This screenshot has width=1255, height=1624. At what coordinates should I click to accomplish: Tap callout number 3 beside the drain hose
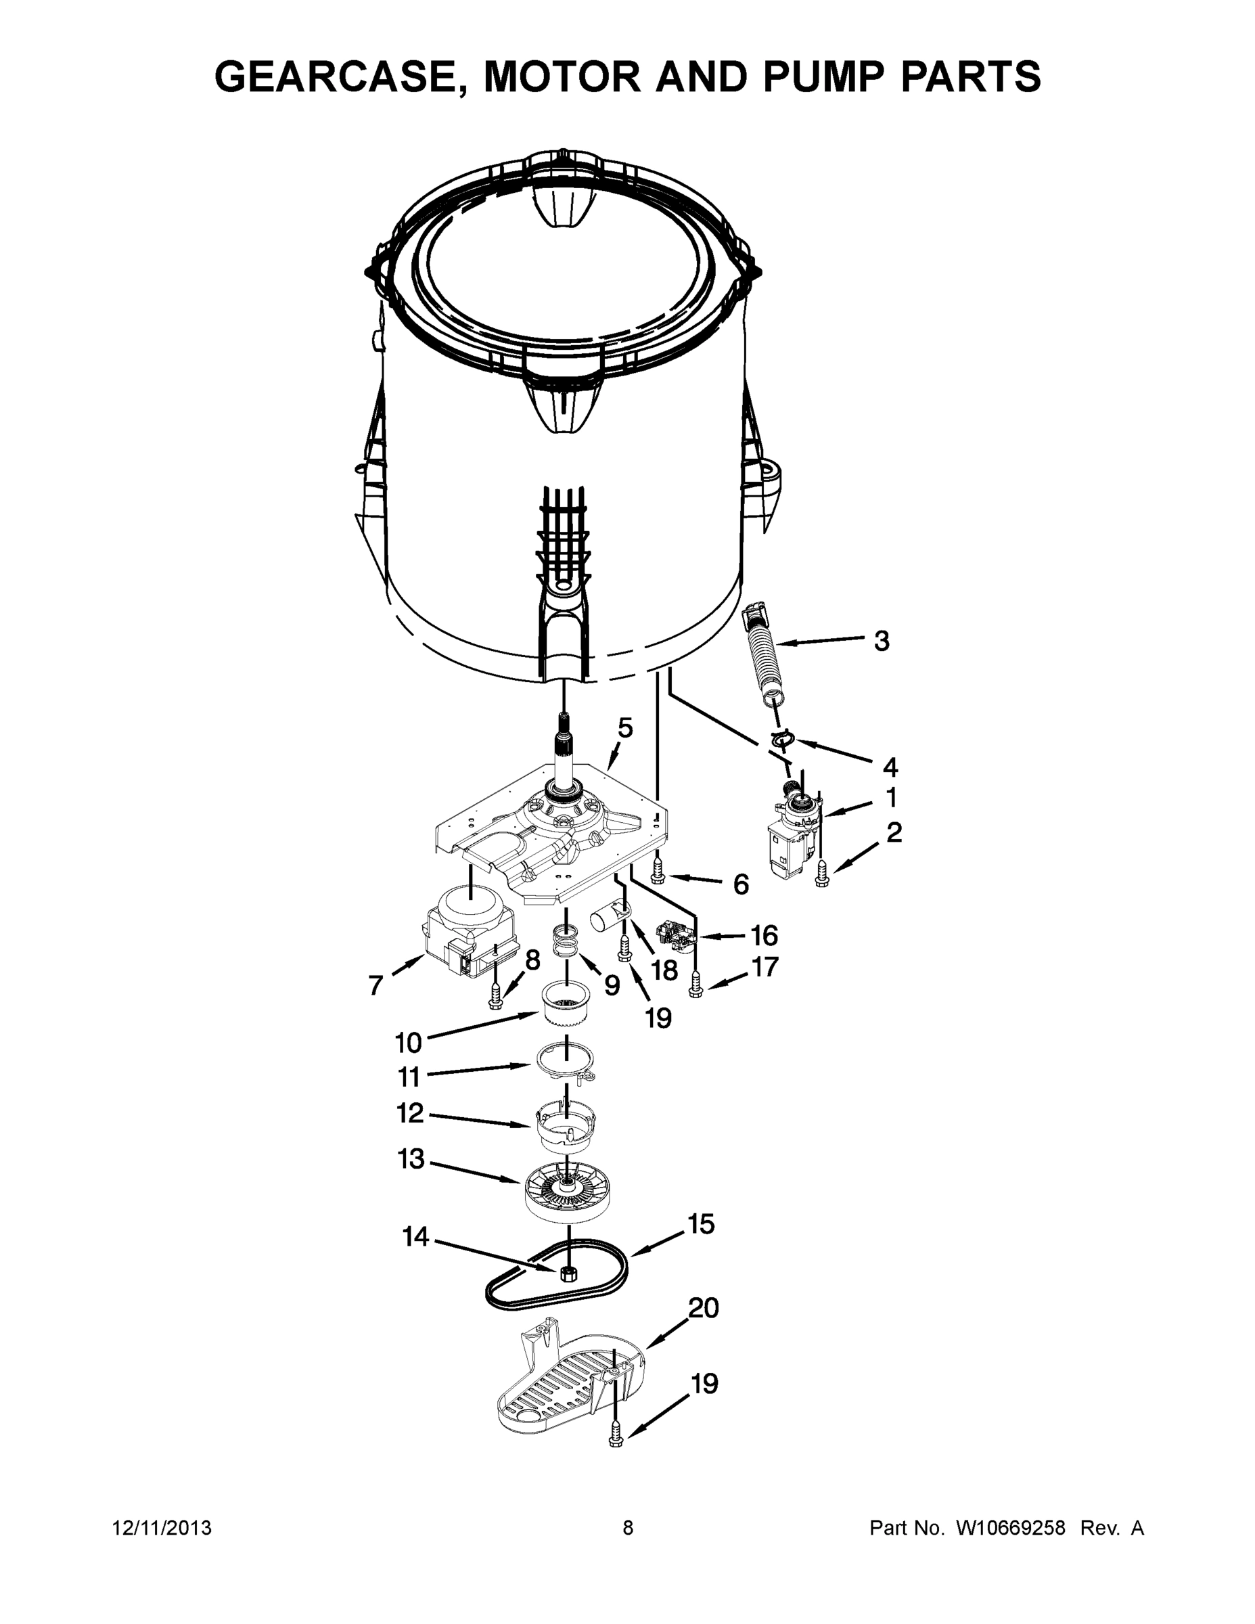881,640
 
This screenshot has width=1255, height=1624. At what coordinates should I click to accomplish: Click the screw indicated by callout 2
821,873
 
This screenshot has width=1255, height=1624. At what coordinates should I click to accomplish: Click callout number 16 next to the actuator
764,934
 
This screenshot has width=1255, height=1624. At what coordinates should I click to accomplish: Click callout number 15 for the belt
700,1224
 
